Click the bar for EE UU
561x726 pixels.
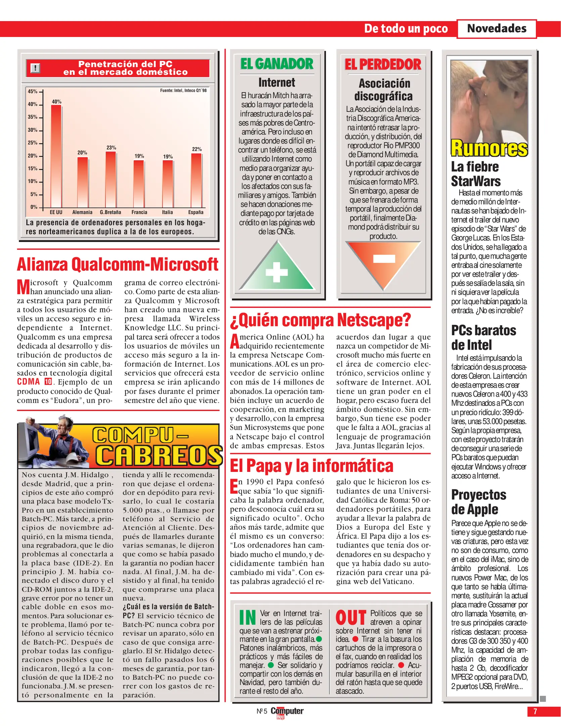(x=56, y=156)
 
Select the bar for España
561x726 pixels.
(x=196, y=180)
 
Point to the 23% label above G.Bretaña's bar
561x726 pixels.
(x=111, y=148)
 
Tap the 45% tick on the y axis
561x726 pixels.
(x=33, y=91)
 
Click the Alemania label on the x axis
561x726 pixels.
(x=82, y=212)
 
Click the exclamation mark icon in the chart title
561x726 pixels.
(x=35, y=68)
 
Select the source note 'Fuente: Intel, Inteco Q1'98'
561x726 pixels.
(x=183, y=90)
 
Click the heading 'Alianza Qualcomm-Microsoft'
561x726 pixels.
(x=118, y=264)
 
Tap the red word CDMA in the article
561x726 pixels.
(x=29, y=382)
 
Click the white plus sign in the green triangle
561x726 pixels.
(x=277, y=272)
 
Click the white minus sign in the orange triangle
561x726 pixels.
(x=384, y=258)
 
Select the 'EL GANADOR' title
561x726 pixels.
(x=277, y=64)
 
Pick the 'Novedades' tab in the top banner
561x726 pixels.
(x=497, y=29)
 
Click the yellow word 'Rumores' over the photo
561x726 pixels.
(x=489, y=148)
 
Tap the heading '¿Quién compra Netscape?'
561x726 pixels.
(x=320, y=320)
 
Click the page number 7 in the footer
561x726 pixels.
(x=535, y=711)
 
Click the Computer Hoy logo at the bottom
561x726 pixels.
(x=287, y=712)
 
